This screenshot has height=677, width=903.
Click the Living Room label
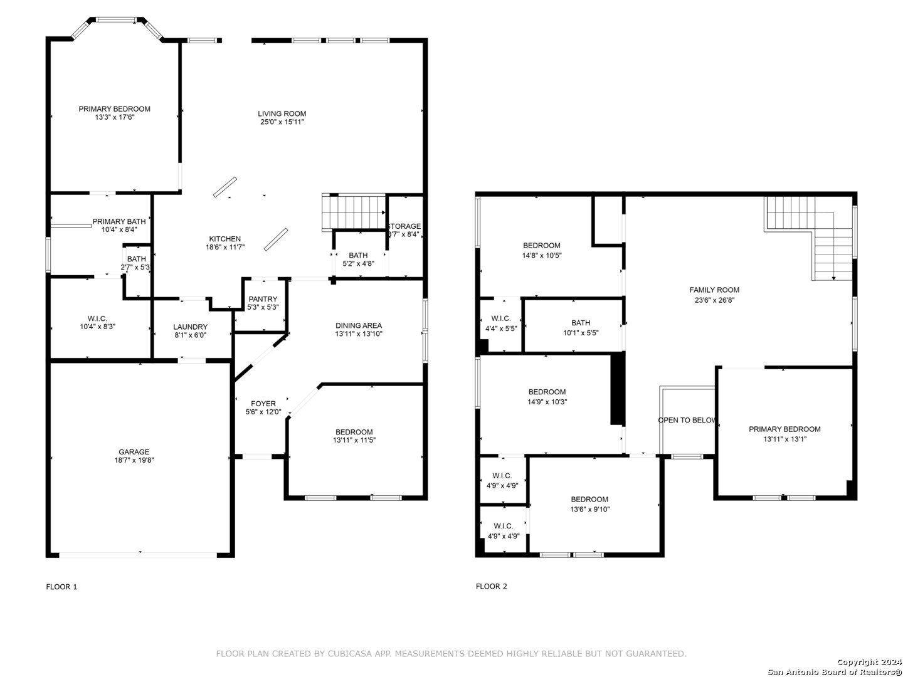(282, 113)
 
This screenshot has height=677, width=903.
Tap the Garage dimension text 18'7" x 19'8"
(134, 460)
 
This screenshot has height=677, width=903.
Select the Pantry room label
(263, 299)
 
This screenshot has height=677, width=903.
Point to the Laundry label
(190, 327)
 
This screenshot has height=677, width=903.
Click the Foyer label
(263, 404)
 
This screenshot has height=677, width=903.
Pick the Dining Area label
(359, 325)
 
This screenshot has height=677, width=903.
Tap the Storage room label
(404, 226)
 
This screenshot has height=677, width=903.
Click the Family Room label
(714, 290)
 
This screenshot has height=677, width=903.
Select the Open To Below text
(687, 420)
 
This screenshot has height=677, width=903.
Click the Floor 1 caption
(61, 587)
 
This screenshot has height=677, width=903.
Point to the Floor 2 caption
(491, 586)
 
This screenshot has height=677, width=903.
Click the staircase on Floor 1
(354, 212)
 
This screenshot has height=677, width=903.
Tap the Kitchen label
(225, 239)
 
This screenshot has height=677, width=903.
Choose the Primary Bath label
(119, 221)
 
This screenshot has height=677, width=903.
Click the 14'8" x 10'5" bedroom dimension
(542, 255)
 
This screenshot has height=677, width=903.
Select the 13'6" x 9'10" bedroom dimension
(589, 509)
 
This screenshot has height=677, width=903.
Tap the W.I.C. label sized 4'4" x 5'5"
(501, 318)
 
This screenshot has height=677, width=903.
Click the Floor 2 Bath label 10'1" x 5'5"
(581, 323)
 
